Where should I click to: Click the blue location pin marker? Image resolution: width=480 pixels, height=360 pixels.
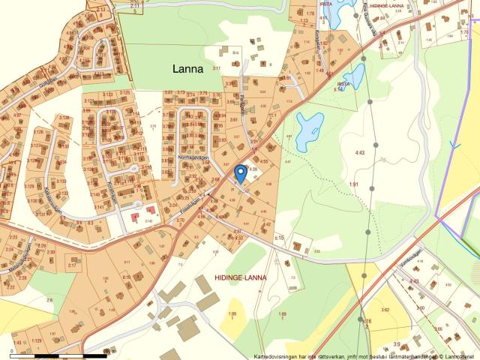pyautogui.click(x=240, y=173)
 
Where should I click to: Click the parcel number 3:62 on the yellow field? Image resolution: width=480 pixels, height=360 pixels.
pyautogui.click(x=385, y=309)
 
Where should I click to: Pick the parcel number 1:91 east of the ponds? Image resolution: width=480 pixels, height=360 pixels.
pyautogui.click(x=354, y=184)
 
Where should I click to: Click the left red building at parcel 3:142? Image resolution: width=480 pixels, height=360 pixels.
pyautogui.click(x=136, y=217)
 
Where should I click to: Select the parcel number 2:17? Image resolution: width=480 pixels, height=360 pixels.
pyautogui.click(x=72, y=265)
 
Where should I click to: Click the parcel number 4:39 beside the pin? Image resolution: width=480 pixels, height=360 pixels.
pyautogui.click(x=253, y=170)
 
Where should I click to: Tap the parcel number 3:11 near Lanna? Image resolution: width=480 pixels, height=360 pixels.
pyautogui.click(x=217, y=68)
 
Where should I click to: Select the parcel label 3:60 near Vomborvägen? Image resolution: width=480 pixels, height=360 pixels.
pyautogui.click(x=420, y=307)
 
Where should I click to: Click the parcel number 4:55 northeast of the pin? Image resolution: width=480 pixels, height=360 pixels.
pyautogui.click(x=264, y=160)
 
